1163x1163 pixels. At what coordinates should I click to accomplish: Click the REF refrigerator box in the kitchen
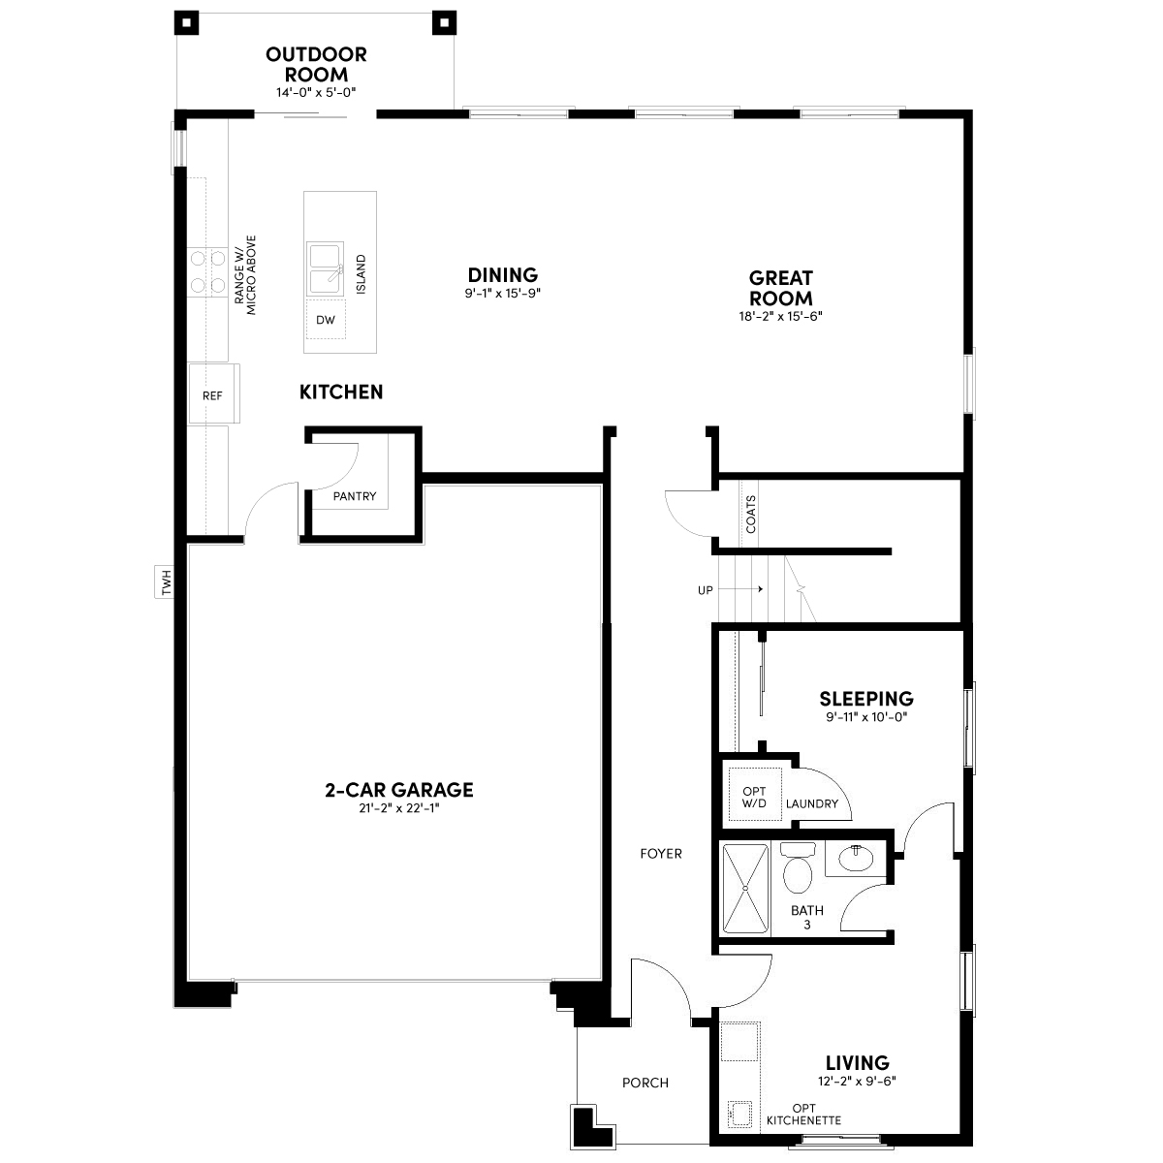(213, 393)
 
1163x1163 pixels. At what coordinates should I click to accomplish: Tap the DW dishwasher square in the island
(326, 319)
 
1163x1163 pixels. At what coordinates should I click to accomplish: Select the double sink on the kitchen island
(326, 269)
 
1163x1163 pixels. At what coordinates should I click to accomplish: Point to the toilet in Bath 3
(798, 867)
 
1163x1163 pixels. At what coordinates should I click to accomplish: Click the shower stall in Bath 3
(746, 888)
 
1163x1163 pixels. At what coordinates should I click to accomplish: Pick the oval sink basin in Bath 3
(855, 859)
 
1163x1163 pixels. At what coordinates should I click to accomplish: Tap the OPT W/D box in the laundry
(754, 795)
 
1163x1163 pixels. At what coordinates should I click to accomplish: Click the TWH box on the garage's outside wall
(165, 581)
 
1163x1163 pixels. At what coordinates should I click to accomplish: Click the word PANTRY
(355, 496)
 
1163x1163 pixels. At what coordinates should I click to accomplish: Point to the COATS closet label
(751, 515)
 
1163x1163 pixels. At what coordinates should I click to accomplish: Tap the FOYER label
(661, 854)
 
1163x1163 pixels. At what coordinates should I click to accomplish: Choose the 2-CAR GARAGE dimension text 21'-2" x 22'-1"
(399, 808)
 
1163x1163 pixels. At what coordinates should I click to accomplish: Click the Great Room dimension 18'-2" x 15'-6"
(780, 316)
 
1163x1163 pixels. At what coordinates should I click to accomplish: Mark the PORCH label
(645, 1083)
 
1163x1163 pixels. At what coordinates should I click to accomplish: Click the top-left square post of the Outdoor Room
(186, 23)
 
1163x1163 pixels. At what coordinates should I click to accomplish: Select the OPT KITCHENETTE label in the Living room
(803, 1115)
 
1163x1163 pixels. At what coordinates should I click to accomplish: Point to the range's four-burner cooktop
(207, 272)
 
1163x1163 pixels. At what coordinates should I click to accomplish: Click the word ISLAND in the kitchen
(361, 274)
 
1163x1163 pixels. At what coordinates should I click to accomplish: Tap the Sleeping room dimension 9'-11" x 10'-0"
(866, 717)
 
